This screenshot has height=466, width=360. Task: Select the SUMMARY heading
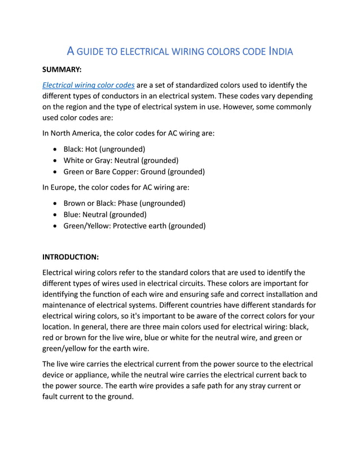pyautogui.click(x=63, y=70)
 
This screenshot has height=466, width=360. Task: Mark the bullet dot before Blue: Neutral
pyautogui.click(x=54, y=214)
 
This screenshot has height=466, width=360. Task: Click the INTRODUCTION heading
pyautogui.click(x=71, y=257)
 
